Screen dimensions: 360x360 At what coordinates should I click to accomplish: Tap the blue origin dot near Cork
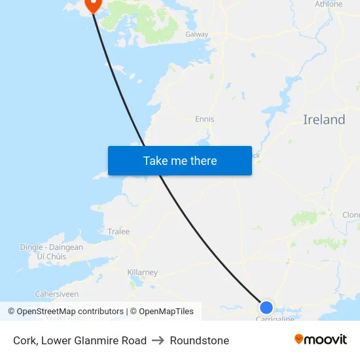[266, 307]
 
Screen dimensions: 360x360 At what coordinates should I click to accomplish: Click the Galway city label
[196, 34]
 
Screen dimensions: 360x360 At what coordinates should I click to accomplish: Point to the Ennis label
[204, 119]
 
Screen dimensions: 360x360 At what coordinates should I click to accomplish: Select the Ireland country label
[324, 120]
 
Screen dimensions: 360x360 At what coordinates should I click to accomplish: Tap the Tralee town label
[118, 232]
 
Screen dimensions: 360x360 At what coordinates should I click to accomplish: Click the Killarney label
[142, 272]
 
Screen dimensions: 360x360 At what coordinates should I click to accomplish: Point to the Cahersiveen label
[56, 295]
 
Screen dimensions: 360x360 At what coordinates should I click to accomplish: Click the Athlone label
[329, 4]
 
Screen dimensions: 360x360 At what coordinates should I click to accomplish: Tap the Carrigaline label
[274, 319]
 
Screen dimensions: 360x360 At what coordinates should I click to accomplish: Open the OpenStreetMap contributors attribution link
[65, 312]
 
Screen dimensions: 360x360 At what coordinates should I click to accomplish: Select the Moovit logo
[321, 340]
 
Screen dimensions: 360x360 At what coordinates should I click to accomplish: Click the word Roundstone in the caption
[200, 340]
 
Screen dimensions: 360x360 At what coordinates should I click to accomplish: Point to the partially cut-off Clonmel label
[351, 215]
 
